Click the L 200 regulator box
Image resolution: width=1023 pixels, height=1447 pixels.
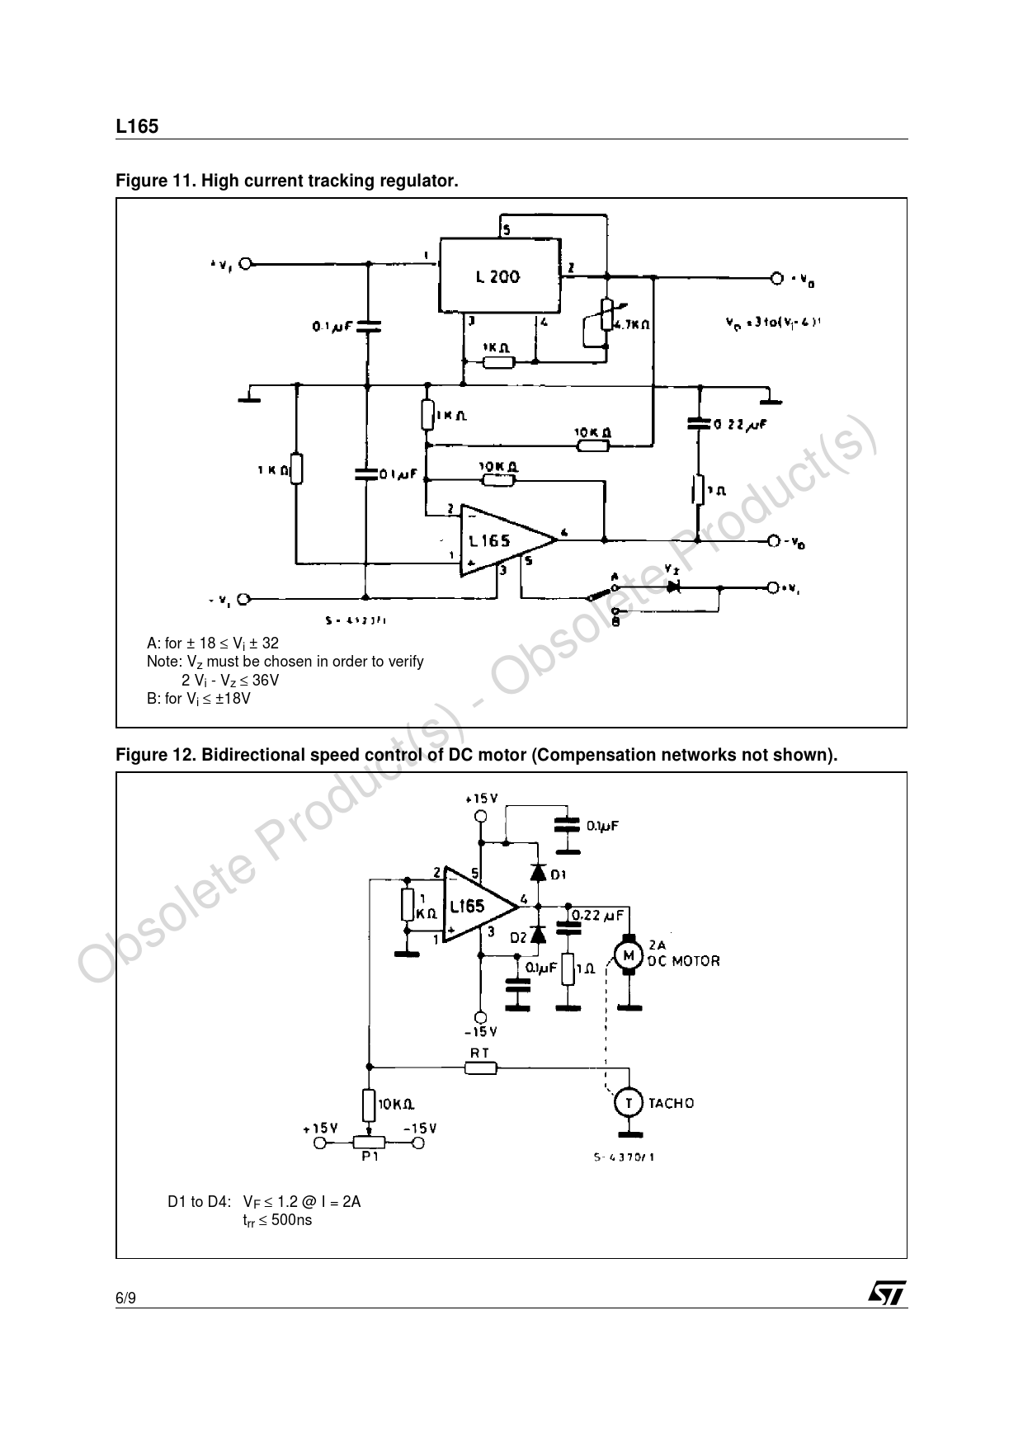(499, 276)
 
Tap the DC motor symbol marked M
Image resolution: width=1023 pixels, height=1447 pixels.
(629, 955)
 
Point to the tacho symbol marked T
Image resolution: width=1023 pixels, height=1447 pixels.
(629, 1102)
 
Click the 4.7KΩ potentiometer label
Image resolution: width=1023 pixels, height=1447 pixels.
(632, 325)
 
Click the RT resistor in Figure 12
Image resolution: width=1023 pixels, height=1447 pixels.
(480, 1068)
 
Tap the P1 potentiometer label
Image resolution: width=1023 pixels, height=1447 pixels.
(369, 1157)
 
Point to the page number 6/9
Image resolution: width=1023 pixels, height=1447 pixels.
(125, 1299)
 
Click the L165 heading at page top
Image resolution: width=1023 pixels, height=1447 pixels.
(136, 127)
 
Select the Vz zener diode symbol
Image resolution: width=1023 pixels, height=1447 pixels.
(673, 587)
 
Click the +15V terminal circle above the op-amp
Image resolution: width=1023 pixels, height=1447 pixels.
(480, 817)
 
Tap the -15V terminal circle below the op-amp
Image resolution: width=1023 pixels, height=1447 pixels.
(480, 1016)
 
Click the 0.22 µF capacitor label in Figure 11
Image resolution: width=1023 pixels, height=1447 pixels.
(740, 425)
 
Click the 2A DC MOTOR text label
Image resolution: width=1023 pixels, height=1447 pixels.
(682, 954)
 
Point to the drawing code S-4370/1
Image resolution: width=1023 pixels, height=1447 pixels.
(624, 1157)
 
